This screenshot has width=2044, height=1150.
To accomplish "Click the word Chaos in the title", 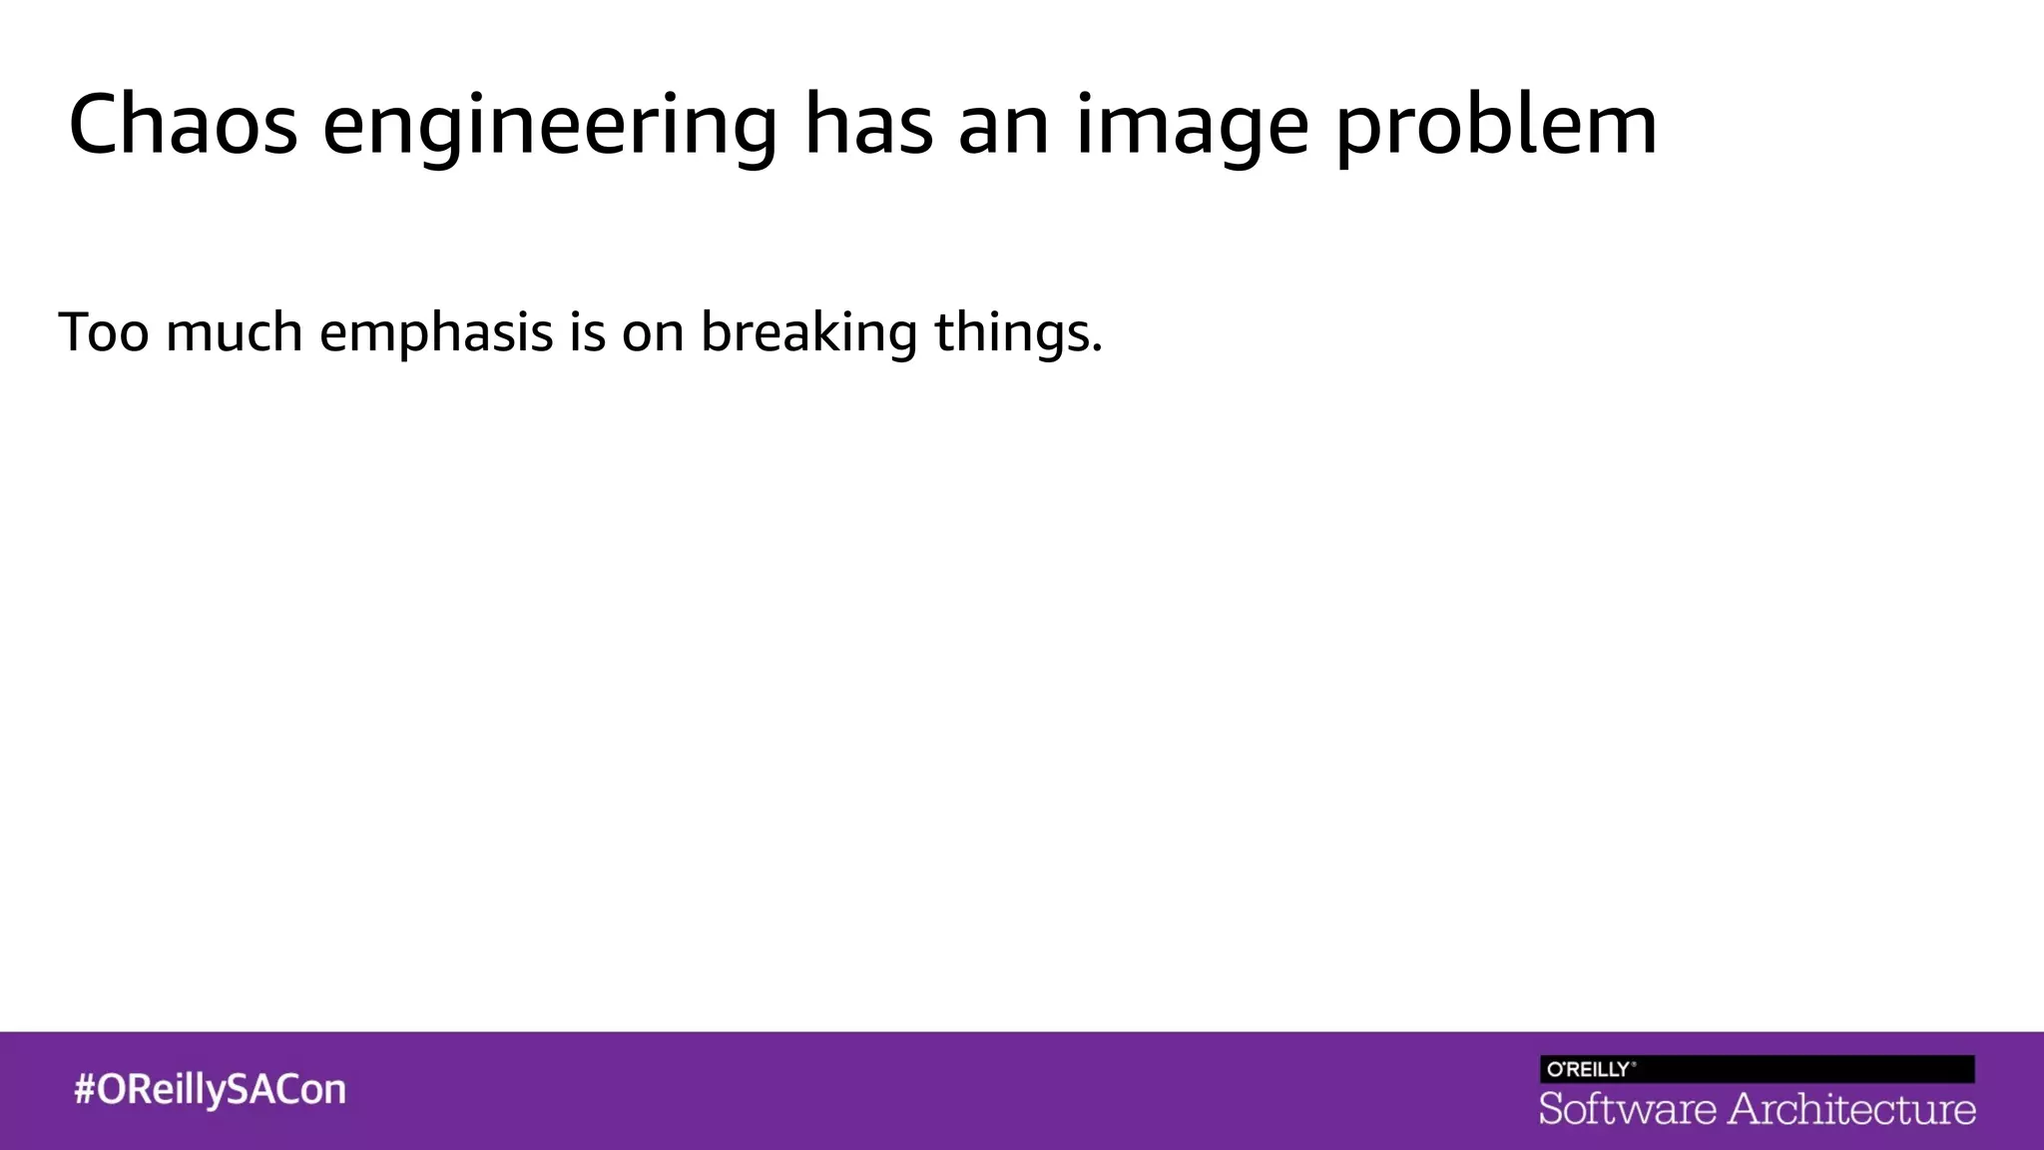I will point(183,125).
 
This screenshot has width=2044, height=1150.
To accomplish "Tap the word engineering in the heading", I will point(549,128).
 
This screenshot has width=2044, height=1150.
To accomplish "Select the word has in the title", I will point(867,125).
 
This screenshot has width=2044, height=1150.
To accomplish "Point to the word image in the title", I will point(1192,128).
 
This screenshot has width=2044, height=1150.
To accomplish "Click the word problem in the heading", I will point(1496,128).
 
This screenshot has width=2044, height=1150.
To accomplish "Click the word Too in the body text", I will point(104,331).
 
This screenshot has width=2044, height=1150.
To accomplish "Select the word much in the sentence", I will point(234,331).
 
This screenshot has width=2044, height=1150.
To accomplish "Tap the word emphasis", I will point(436,333).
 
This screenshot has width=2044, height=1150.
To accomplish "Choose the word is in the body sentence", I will point(587,331).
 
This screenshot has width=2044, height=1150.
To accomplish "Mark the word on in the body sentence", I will point(653,335).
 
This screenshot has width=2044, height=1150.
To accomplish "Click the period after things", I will point(1097,350).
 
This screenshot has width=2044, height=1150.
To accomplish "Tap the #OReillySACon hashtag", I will point(210,1089).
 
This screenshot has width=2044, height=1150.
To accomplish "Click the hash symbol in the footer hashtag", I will point(85,1089).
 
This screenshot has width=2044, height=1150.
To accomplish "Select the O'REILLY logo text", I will point(1590,1069).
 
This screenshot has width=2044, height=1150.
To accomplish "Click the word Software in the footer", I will point(1627,1110).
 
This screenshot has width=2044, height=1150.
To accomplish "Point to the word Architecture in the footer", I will point(1851,1110).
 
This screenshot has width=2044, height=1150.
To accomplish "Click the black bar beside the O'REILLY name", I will point(1806,1069).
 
